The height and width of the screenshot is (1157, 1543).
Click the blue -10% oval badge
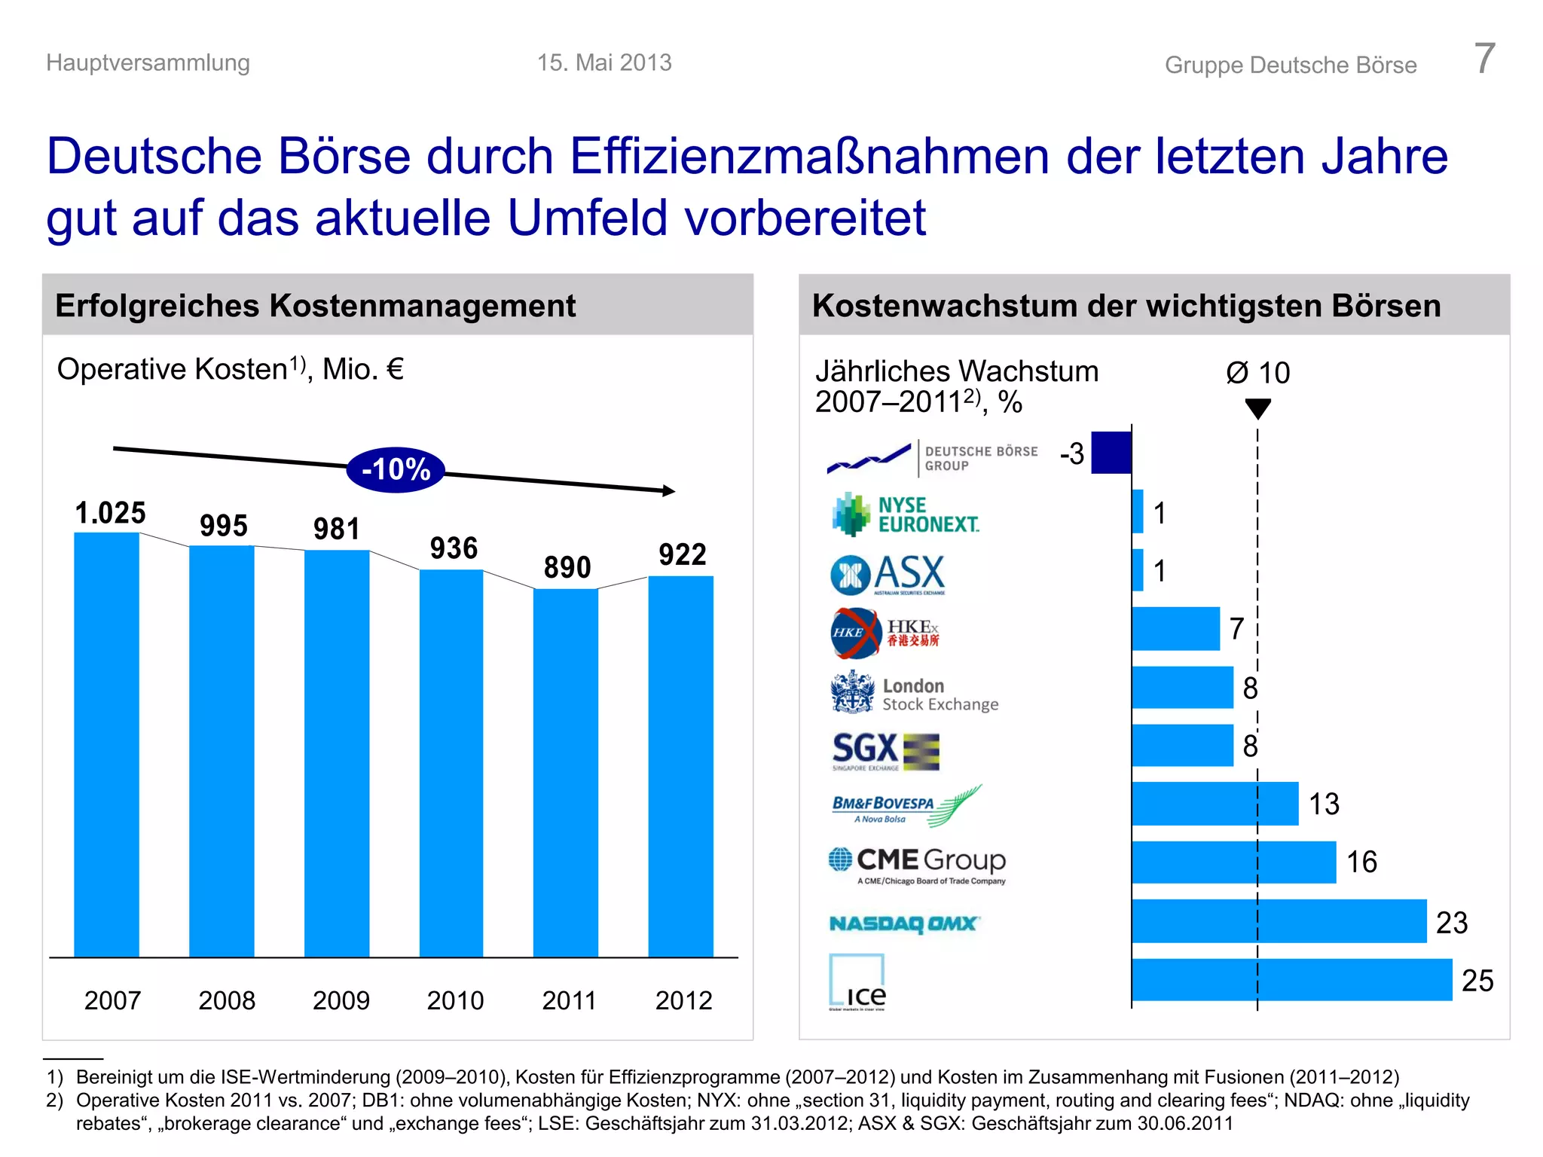(396, 469)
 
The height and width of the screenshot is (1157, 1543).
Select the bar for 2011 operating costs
(566, 772)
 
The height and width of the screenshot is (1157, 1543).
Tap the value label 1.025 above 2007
(110, 513)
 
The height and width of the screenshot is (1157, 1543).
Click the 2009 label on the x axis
(341, 1000)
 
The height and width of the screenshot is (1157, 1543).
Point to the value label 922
(682, 554)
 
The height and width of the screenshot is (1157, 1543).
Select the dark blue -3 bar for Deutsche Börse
(1111, 453)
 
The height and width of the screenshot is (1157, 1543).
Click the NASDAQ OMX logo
(904, 923)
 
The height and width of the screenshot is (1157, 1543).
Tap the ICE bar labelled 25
(1291, 979)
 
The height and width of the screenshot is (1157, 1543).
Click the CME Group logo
(917, 865)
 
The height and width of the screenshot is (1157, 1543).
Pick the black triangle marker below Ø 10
(1257, 409)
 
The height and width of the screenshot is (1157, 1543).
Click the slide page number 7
(1483, 59)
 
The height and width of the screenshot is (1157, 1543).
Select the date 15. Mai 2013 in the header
(604, 63)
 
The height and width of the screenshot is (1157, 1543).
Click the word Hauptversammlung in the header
(148, 63)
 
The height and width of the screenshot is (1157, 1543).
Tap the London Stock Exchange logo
(914, 693)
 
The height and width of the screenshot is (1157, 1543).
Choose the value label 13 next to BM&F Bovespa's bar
(1324, 804)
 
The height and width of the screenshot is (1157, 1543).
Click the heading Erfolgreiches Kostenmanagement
(315, 306)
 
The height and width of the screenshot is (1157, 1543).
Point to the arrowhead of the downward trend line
(668, 491)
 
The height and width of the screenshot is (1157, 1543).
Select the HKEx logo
(885, 633)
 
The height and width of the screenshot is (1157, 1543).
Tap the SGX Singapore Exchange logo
(885, 751)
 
